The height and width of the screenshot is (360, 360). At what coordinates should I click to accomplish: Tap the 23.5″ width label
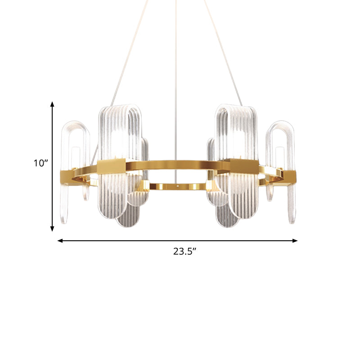tap(186, 252)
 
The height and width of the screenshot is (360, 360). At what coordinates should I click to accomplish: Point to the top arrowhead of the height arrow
tap(53, 104)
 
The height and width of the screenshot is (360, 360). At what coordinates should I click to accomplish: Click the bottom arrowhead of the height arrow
tap(53, 229)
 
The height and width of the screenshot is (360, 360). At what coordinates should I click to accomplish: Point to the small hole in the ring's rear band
tap(179, 184)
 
